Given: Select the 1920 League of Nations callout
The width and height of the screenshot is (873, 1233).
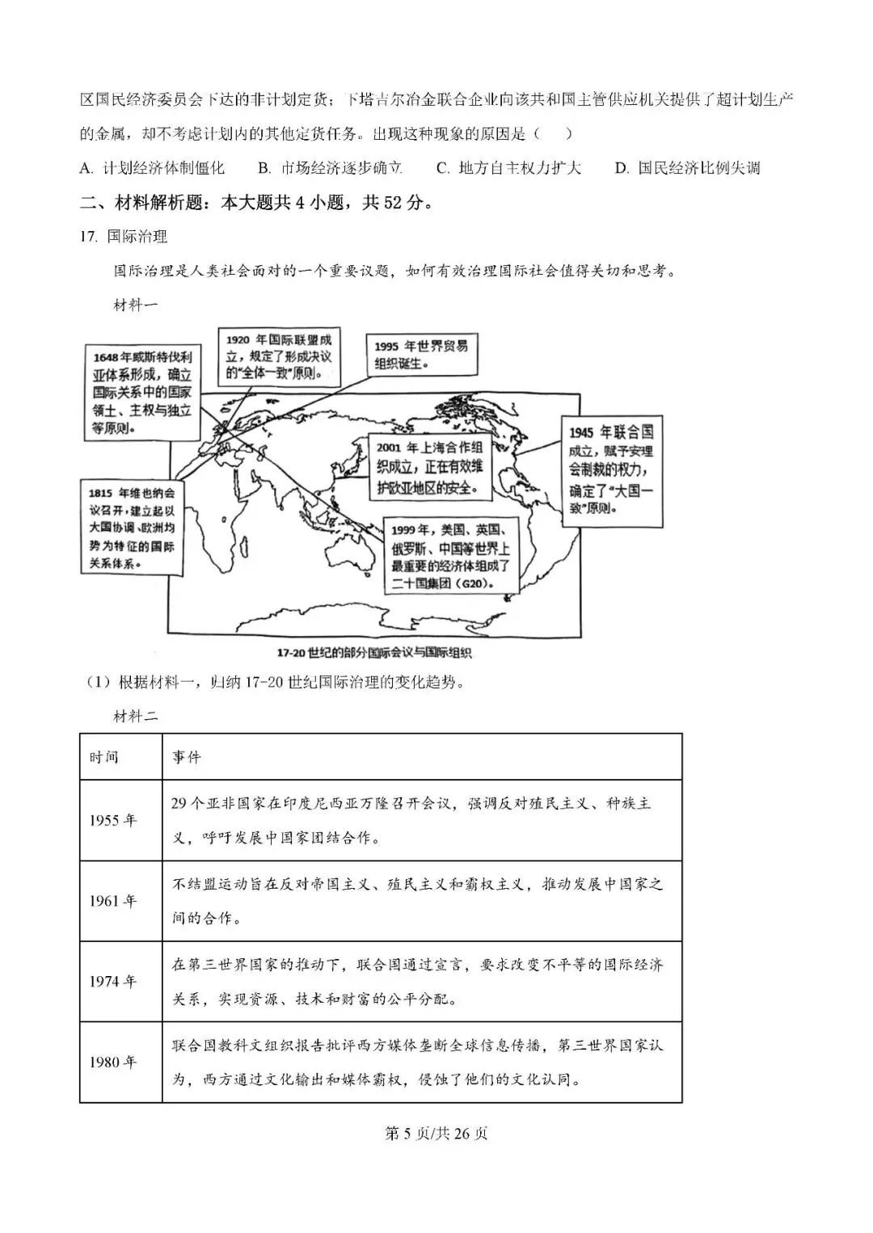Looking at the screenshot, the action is (279, 356).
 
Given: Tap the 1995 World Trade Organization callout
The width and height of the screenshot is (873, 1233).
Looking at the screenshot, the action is (420, 355).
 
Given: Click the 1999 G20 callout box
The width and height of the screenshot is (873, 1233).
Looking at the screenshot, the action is (450, 556).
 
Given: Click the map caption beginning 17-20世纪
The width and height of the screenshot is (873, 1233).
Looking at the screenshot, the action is (373, 653).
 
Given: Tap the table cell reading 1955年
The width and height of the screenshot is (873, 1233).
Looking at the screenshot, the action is (113, 820).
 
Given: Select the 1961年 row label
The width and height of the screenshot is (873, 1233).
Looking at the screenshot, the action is (113, 901).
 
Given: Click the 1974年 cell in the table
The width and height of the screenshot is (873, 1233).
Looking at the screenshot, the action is (113, 982).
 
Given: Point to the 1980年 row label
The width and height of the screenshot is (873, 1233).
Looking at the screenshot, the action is (113, 1062).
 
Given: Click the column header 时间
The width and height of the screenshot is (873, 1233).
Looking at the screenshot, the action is (104, 757).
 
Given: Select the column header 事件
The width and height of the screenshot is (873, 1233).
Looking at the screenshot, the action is (186, 757).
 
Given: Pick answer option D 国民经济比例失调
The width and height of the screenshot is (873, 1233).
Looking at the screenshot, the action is (687, 168).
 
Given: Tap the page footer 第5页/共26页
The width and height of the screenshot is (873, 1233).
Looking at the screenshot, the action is (436, 1134).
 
